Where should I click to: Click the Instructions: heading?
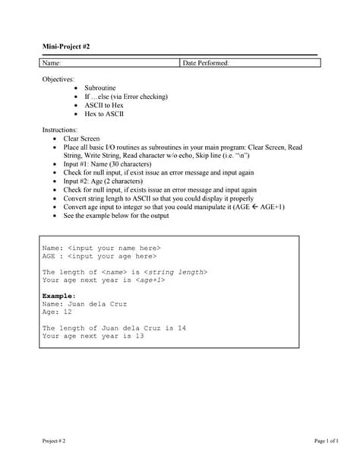60,131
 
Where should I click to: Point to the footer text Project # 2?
54,441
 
